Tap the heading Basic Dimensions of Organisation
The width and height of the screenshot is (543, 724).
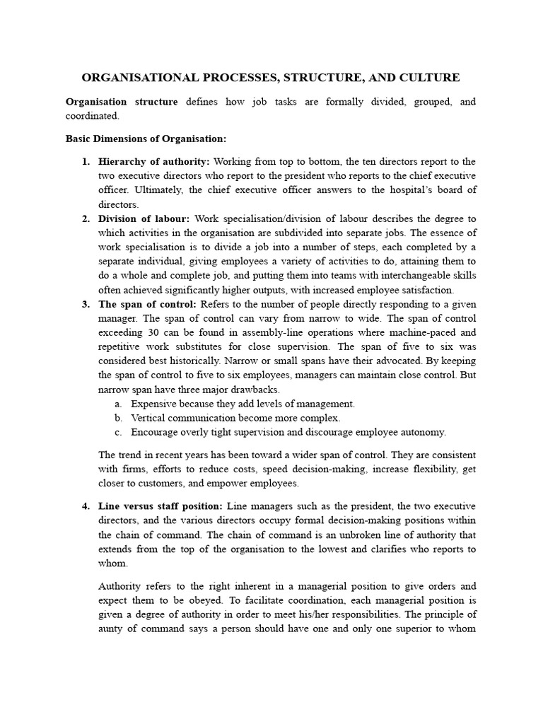click(x=146, y=139)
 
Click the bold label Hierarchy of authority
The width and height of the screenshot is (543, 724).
click(x=154, y=162)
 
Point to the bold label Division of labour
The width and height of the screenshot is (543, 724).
click(x=144, y=218)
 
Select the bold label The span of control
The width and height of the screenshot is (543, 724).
click(x=148, y=304)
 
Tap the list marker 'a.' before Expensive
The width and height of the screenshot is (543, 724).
click(x=118, y=404)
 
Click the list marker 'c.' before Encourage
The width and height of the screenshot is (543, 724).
click(x=118, y=432)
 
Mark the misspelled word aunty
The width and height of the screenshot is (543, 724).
click(x=112, y=629)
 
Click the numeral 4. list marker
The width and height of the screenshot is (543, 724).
click(x=86, y=506)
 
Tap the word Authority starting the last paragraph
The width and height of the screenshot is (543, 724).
click(x=119, y=586)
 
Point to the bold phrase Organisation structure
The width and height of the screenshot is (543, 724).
click(x=122, y=102)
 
